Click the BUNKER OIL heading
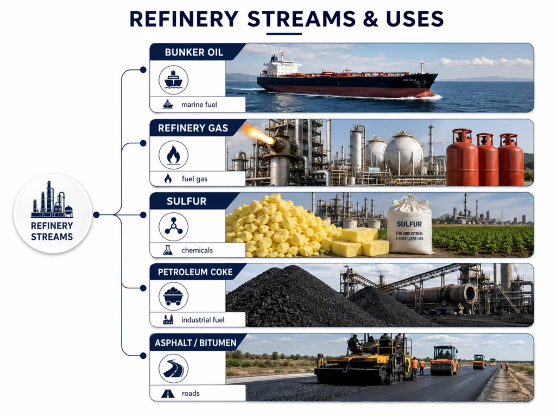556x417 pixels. (194, 53)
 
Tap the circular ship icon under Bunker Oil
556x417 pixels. (173, 80)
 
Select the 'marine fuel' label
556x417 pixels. (199, 105)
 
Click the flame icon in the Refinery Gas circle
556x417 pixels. (173, 155)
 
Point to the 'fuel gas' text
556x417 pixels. (194, 179)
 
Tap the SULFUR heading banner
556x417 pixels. (187, 201)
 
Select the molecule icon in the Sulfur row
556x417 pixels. (173, 226)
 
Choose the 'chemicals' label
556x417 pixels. (197, 250)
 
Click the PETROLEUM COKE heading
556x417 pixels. (195, 272)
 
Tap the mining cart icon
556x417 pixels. (173, 296)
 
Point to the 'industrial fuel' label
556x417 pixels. (203, 320)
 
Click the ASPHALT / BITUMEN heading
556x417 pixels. (195, 343)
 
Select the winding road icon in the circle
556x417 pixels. (173, 369)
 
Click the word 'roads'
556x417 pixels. (191, 393)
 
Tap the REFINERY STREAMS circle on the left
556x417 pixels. (53, 214)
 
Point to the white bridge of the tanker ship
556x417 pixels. (280, 66)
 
